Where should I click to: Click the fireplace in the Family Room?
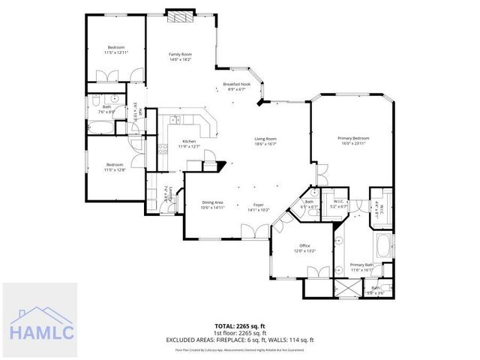point(180,16)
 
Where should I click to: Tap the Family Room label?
point(180,54)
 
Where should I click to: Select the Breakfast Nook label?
point(237,84)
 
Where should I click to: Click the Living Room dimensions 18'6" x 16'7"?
point(265,144)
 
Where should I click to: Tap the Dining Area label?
point(213,202)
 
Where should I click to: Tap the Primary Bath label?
point(361,264)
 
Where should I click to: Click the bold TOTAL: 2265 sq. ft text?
point(239,326)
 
